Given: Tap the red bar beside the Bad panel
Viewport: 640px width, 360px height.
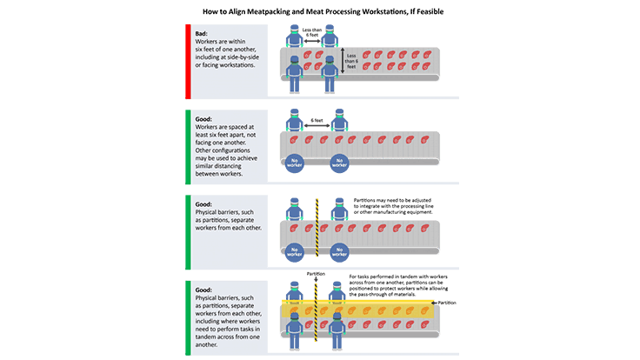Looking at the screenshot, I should point(187,59).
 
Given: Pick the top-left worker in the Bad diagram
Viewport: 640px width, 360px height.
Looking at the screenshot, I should point(296,37).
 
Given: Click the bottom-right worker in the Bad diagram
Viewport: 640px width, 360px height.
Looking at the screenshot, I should point(330,74).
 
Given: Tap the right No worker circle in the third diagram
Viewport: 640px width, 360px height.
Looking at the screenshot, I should point(339,251).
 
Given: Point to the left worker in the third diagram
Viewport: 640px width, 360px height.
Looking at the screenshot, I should point(296,211).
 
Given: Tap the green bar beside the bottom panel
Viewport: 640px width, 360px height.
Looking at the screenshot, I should point(187,317).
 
